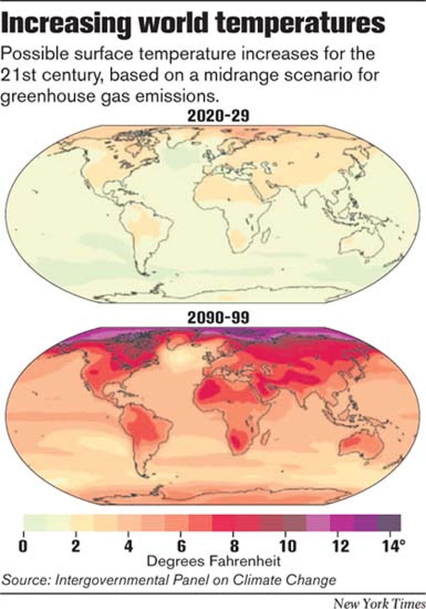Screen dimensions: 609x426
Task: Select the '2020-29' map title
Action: click(x=218, y=116)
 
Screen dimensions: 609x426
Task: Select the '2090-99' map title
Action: click(x=218, y=317)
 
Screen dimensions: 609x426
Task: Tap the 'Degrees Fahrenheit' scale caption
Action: click(x=213, y=561)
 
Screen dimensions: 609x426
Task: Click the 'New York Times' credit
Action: click(x=379, y=603)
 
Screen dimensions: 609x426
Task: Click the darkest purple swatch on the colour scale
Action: click(x=389, y=523)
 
